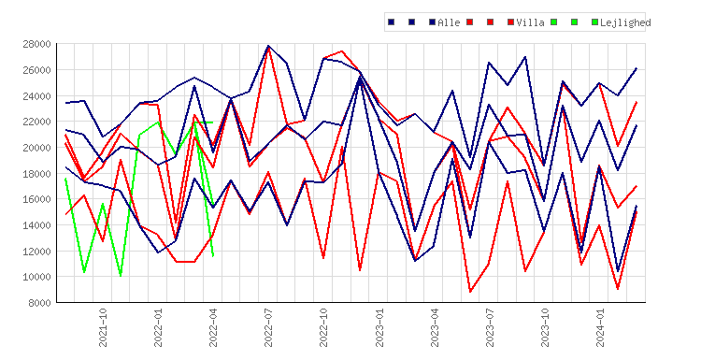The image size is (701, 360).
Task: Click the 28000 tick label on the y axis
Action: [x=36, y=44]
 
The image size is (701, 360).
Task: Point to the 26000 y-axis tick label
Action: [x=36, y=70]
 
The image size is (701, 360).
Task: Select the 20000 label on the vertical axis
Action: [x=36, y=148]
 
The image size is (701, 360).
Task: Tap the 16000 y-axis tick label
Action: [x=36, y=199]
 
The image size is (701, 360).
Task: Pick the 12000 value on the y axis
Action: [x=36, y=252]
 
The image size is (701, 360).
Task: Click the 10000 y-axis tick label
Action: [x=36, y=277]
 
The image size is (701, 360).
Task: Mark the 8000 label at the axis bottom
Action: [x=39, y=303]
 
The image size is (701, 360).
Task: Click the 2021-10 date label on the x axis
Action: [x=103, y=328]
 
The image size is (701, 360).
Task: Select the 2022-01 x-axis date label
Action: [x=158, y=328]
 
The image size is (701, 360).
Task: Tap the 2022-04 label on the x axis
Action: [x=213, y=328]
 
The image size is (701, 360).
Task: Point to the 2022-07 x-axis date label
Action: [x=268, y=328]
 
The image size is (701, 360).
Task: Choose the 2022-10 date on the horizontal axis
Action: [x=324, y=328]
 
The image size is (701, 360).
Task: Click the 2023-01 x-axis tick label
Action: [x=379, y=328]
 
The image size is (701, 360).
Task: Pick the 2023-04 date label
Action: [x=435, y=328]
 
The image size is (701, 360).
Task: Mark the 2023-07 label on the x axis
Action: [x=490, y=328]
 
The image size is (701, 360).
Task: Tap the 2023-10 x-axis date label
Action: [x=546, y=328]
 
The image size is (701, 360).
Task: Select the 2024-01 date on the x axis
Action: [x=600, y=328]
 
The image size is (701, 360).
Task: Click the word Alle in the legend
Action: [x=449, y=22]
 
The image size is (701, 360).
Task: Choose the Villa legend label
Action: [x=530, y=22]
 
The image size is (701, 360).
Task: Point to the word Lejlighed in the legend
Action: [x=625, y=22]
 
